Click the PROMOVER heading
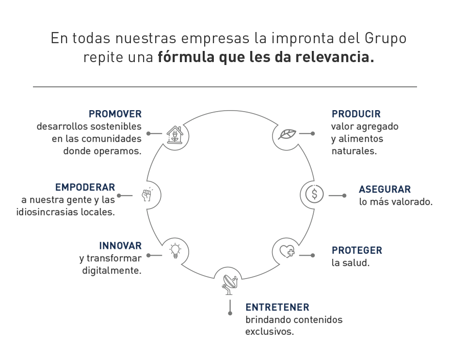[x=115, y=114]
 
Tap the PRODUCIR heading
[x=356, y=114]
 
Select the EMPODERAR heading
[x=85, y=187]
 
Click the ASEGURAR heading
[x=385, y=190]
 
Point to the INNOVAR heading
[x=120, y=246]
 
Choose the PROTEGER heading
[x=357, y=250]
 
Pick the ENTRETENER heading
[x=277, y=308]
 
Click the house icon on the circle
[x=175, y=135]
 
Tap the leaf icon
[x=287, y=134]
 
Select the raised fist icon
[x=146, y=195]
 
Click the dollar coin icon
[x=314, y=194]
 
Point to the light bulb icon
[x=175, y=251]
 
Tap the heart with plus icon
[x=287, y=251]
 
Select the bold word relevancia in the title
[x=335, y=57]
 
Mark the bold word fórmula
[x=186, y=57]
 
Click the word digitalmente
[x=112, y=271]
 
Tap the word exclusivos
[x=270, y=331]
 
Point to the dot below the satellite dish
[x=230, y=313]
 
